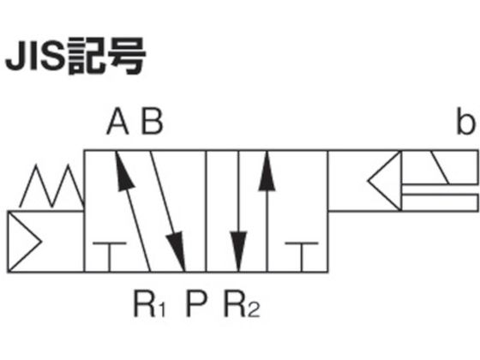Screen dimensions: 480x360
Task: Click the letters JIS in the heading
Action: point(35,57)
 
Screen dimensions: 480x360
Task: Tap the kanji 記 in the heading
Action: point(87,57)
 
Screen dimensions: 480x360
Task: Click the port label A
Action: point(117,122)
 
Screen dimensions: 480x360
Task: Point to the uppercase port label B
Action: point(153,122)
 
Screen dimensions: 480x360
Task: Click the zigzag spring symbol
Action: point(51,187)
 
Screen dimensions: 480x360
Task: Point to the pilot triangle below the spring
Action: point(24,242)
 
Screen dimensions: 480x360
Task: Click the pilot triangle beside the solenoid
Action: point(385,181)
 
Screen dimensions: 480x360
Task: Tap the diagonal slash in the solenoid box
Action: point(440,167)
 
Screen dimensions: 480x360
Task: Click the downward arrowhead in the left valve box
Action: point(177,251)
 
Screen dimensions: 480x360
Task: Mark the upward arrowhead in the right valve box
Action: point(267,171)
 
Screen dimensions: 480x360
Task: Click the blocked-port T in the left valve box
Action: point(110,257)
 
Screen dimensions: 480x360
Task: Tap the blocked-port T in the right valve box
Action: point(302,257)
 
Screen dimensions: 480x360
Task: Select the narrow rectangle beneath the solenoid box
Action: point(440,202)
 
